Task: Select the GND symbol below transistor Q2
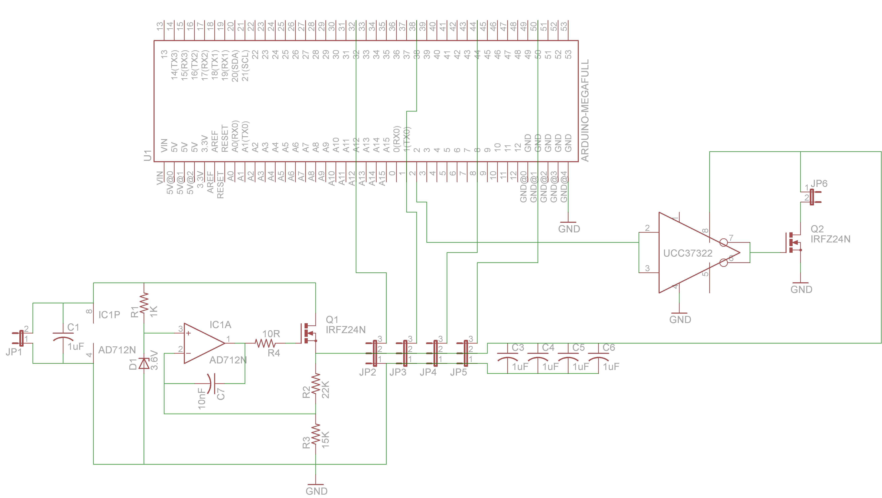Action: click(x=801, y=287)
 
